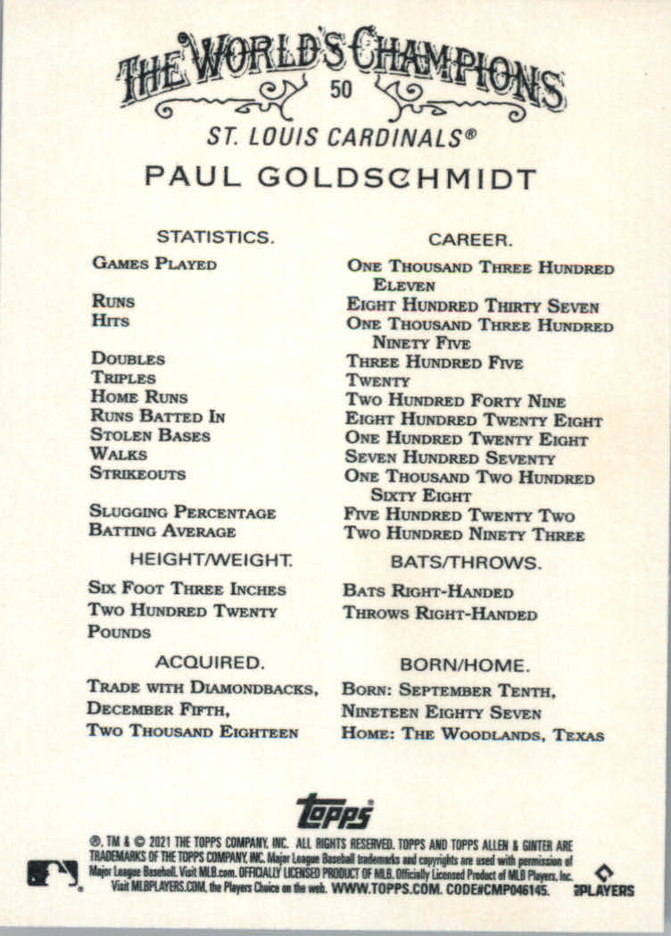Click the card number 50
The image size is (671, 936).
tap(339, 90)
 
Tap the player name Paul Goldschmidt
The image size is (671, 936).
tap(340, 177)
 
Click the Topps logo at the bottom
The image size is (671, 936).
tap(335, 811)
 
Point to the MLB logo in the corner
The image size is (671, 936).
tap(53, 873)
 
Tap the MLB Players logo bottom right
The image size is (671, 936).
tap(615, 880)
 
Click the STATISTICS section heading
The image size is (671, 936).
tap(214, 237)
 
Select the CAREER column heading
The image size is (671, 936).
tap(469, 239)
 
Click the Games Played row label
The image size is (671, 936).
tap(153, 263)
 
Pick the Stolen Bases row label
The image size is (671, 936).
tap(150, 436)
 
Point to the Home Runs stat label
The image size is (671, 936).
tap(139, 397)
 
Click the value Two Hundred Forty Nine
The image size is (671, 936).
tap(455, 401)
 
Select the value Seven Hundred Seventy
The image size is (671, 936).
tap(450, 458)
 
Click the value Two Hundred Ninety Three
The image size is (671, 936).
tap(464, 535)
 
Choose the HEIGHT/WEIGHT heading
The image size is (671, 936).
tap(211, 561)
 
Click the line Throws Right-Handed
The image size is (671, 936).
tap(440, 614)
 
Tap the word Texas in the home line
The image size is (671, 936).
tap(578, 736)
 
